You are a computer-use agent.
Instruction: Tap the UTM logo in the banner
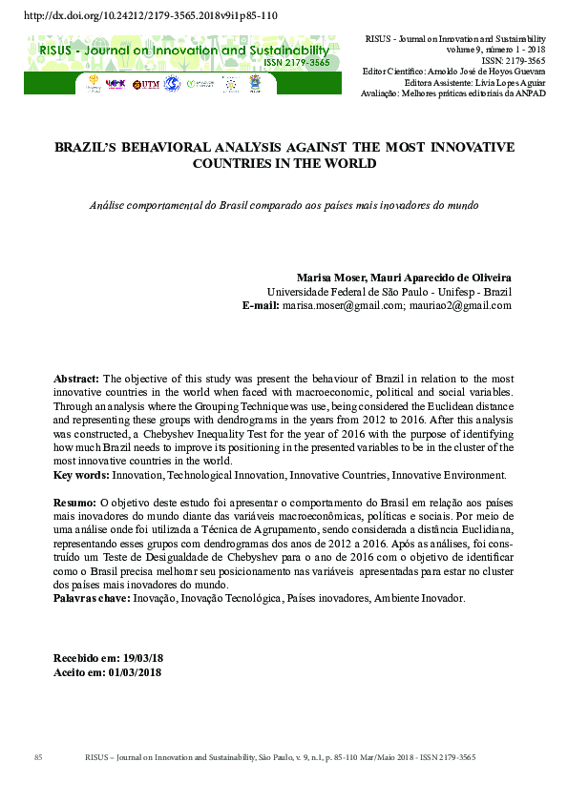146,84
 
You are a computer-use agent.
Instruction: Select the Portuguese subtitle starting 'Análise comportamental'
284,205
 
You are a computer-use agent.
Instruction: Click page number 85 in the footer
39,757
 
